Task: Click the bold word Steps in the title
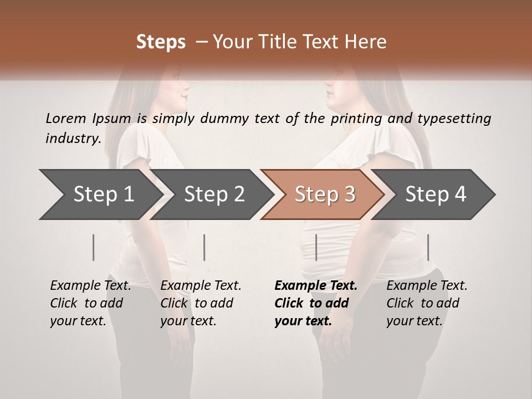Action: point(161,42)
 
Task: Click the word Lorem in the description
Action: point(65,118)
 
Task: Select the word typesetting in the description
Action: point(453,118)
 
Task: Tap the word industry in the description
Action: point(73,138)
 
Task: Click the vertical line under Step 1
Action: point(94,247)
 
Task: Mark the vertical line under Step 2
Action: point(204,247)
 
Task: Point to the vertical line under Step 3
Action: point(316,247)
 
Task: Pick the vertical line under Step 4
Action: point(428,247)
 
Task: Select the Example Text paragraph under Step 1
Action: point(90,303)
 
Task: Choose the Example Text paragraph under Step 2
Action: point(201,303)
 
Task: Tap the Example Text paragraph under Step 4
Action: point(427,303)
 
